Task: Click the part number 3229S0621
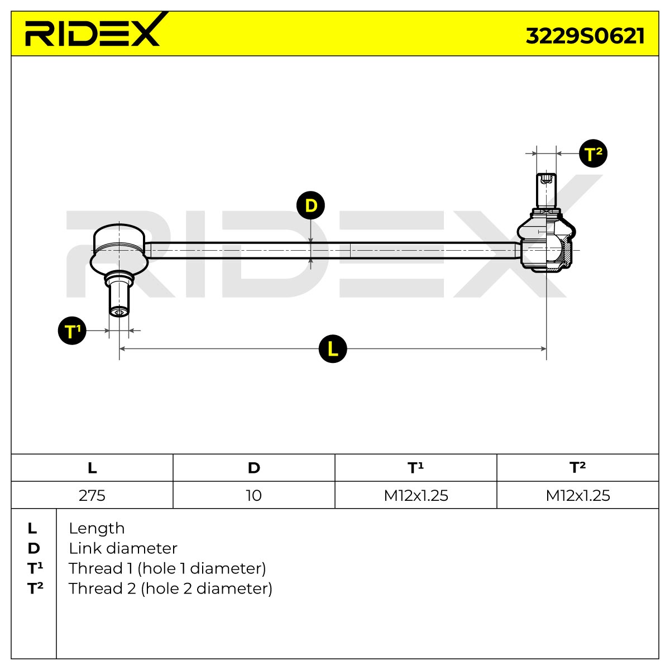585,36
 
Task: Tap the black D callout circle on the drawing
310,205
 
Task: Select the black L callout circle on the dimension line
333,349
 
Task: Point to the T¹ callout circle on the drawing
72,331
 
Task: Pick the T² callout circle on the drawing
593,154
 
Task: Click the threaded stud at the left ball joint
119,294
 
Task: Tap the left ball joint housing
119,249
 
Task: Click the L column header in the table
92,468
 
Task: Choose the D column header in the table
254,468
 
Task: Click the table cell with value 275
92,495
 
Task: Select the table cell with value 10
254,495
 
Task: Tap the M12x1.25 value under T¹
416,495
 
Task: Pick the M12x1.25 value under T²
578,495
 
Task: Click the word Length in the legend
97,529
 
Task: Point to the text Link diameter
123,549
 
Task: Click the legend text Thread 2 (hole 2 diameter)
170,588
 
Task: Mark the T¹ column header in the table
416,468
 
